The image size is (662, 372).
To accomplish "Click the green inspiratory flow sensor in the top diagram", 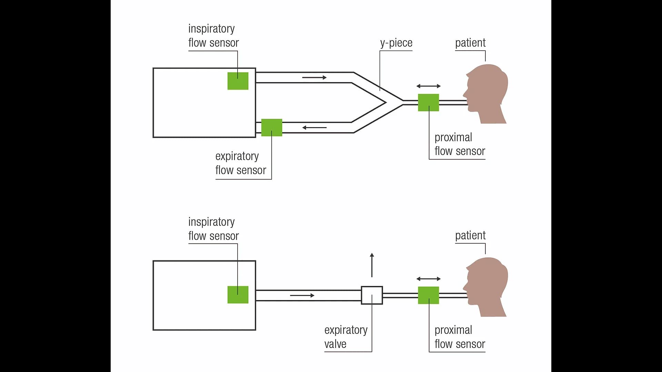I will point(238,81).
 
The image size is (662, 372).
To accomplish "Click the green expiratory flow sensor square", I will point(272,127).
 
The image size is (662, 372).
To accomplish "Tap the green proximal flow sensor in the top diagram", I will point(428,102).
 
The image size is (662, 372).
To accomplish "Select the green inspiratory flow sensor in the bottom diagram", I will point(238,295).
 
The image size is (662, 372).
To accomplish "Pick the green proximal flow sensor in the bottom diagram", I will point(428,295).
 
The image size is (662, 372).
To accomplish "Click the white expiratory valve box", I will point(372,295).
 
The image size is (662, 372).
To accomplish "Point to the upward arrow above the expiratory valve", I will point(372,265).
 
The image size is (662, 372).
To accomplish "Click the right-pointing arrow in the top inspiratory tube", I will point(314,77).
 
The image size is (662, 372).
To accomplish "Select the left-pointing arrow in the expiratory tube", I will point(314,127).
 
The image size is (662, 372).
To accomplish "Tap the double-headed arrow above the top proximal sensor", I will point(428,86).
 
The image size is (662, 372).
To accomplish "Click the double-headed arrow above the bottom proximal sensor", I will point(428,279).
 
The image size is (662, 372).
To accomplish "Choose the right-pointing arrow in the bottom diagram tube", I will point(302,295).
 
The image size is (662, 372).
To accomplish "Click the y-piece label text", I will point(396,43).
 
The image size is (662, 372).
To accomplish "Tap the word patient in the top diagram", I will point(470,43).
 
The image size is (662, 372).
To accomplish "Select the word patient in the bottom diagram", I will point(470,236).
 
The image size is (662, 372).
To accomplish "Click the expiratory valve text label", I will point(345,337).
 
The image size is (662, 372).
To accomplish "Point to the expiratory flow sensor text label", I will point(241,163).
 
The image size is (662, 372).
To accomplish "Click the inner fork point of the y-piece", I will point(385,102).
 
